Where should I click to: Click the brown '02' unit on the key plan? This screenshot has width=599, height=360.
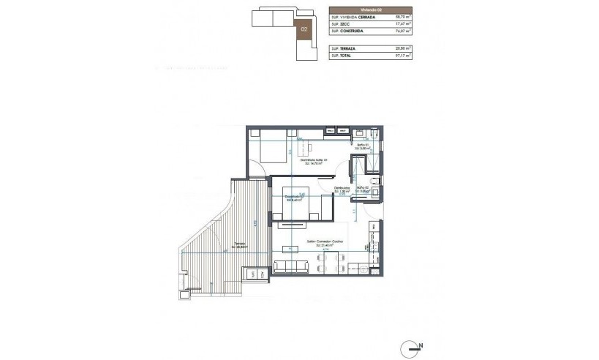point(301,30)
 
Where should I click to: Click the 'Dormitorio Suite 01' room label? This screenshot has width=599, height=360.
point(316,162)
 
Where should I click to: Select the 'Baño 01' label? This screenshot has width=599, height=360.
point(362,146)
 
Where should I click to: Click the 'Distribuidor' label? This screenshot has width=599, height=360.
point(342,189)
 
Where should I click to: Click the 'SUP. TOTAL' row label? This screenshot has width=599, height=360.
point(344,55)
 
